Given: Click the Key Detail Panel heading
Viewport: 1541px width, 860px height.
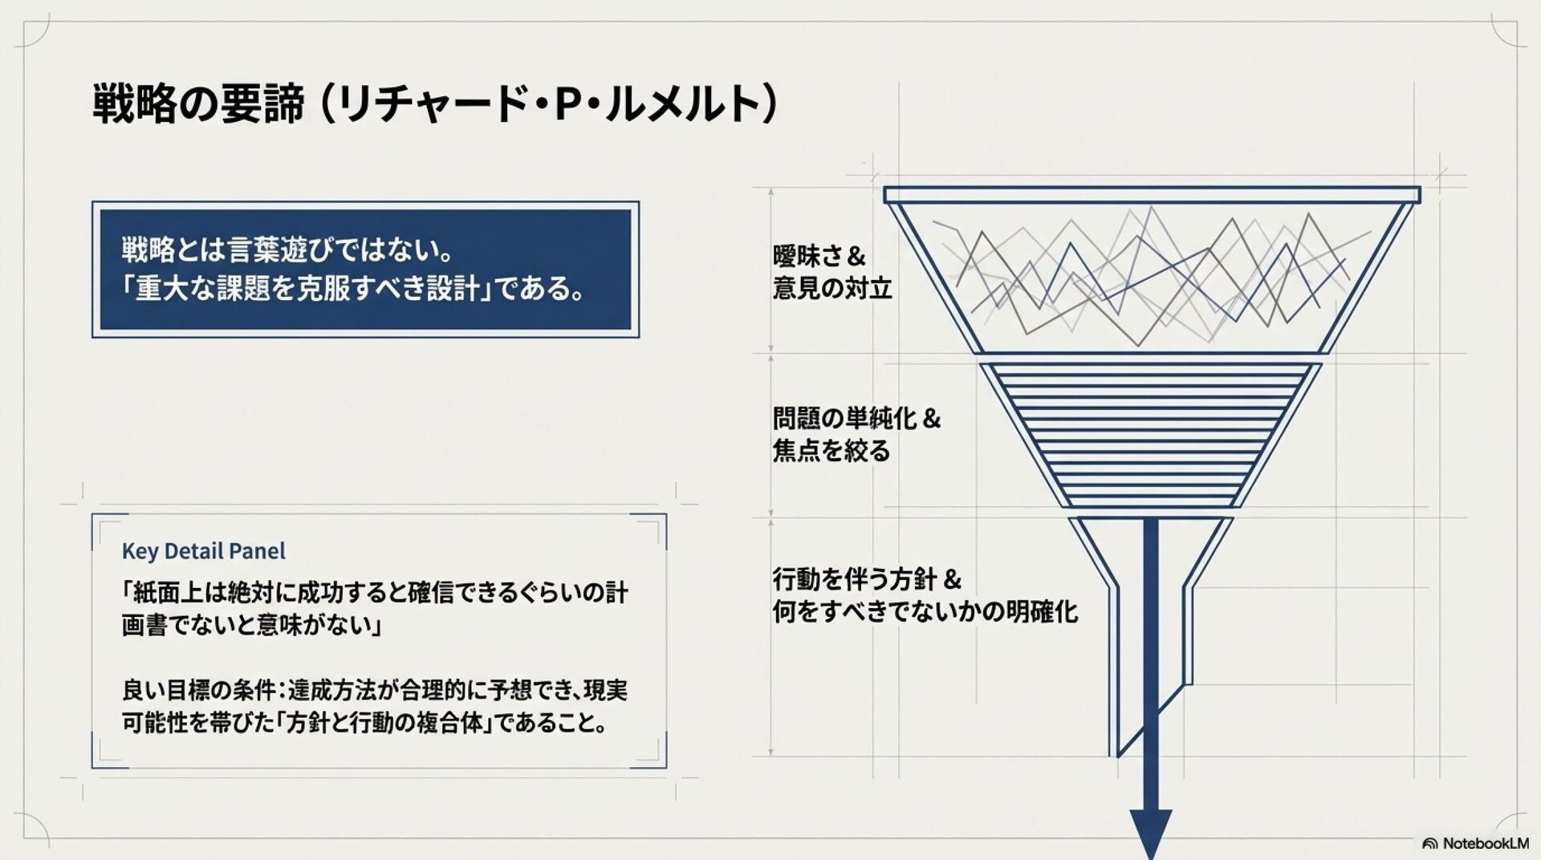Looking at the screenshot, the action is tap(203, 551).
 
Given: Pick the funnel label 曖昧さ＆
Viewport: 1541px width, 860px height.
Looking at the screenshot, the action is tap(819, 256).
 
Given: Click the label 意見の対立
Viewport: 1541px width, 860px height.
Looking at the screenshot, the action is tap(832, 288).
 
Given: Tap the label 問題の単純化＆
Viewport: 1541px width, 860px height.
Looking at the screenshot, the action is tap(856, 419).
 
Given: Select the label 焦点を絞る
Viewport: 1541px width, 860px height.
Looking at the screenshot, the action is tap(831, 451).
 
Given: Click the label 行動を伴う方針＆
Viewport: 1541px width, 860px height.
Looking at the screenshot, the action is tap(867, 579).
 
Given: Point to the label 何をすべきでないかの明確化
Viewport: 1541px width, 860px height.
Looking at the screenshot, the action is tap(925, 612).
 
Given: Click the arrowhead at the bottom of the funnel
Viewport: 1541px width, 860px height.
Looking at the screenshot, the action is tap(1150, 834).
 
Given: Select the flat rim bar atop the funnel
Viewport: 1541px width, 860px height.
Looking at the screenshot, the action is tap(1152, 195).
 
